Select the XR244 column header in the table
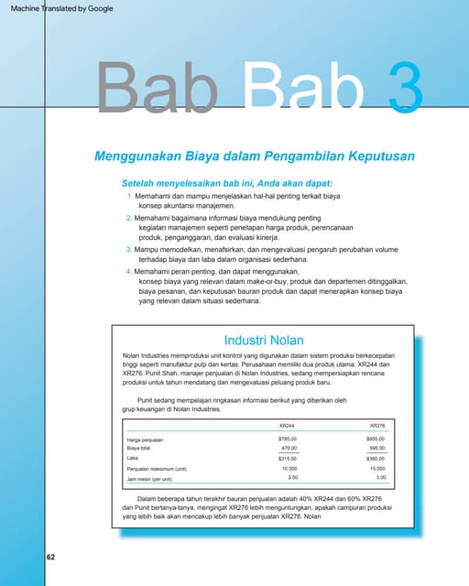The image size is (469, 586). pos(287,426)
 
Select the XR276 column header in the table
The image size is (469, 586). pos(376,426)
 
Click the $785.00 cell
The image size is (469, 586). pos(288,439)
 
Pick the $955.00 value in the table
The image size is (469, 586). pos(376,439)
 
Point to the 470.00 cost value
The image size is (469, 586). pos(289,448)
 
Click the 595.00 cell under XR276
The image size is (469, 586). pos(377,448)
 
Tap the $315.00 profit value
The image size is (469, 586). pos(288,458)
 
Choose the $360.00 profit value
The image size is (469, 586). pos(376,458)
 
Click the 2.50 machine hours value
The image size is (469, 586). pos(293,478)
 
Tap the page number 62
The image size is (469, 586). pos(50,556)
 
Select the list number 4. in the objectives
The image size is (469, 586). pos(128,272)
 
